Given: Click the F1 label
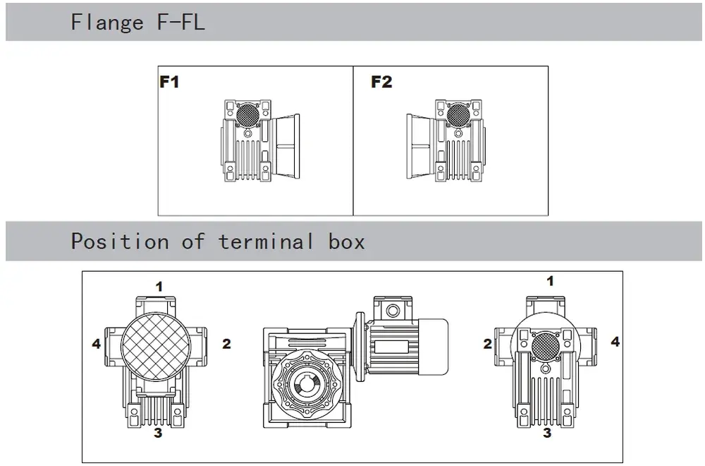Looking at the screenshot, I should coord(169,83).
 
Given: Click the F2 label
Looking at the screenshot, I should coord(381,83).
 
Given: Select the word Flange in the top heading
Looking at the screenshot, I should coord(106,23).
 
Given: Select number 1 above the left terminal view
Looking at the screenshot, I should coord(159,287).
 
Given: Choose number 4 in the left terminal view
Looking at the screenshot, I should coord(96,345).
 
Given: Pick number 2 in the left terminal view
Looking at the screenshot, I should coord(226,345).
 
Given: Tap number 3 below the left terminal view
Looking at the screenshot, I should coord(158,433).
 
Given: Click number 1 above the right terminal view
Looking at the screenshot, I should coord(551,282).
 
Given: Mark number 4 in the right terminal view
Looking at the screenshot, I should coord(615,342).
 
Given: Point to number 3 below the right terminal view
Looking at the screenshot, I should coord(548,433).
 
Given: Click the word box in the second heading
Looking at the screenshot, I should coord(347,242).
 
